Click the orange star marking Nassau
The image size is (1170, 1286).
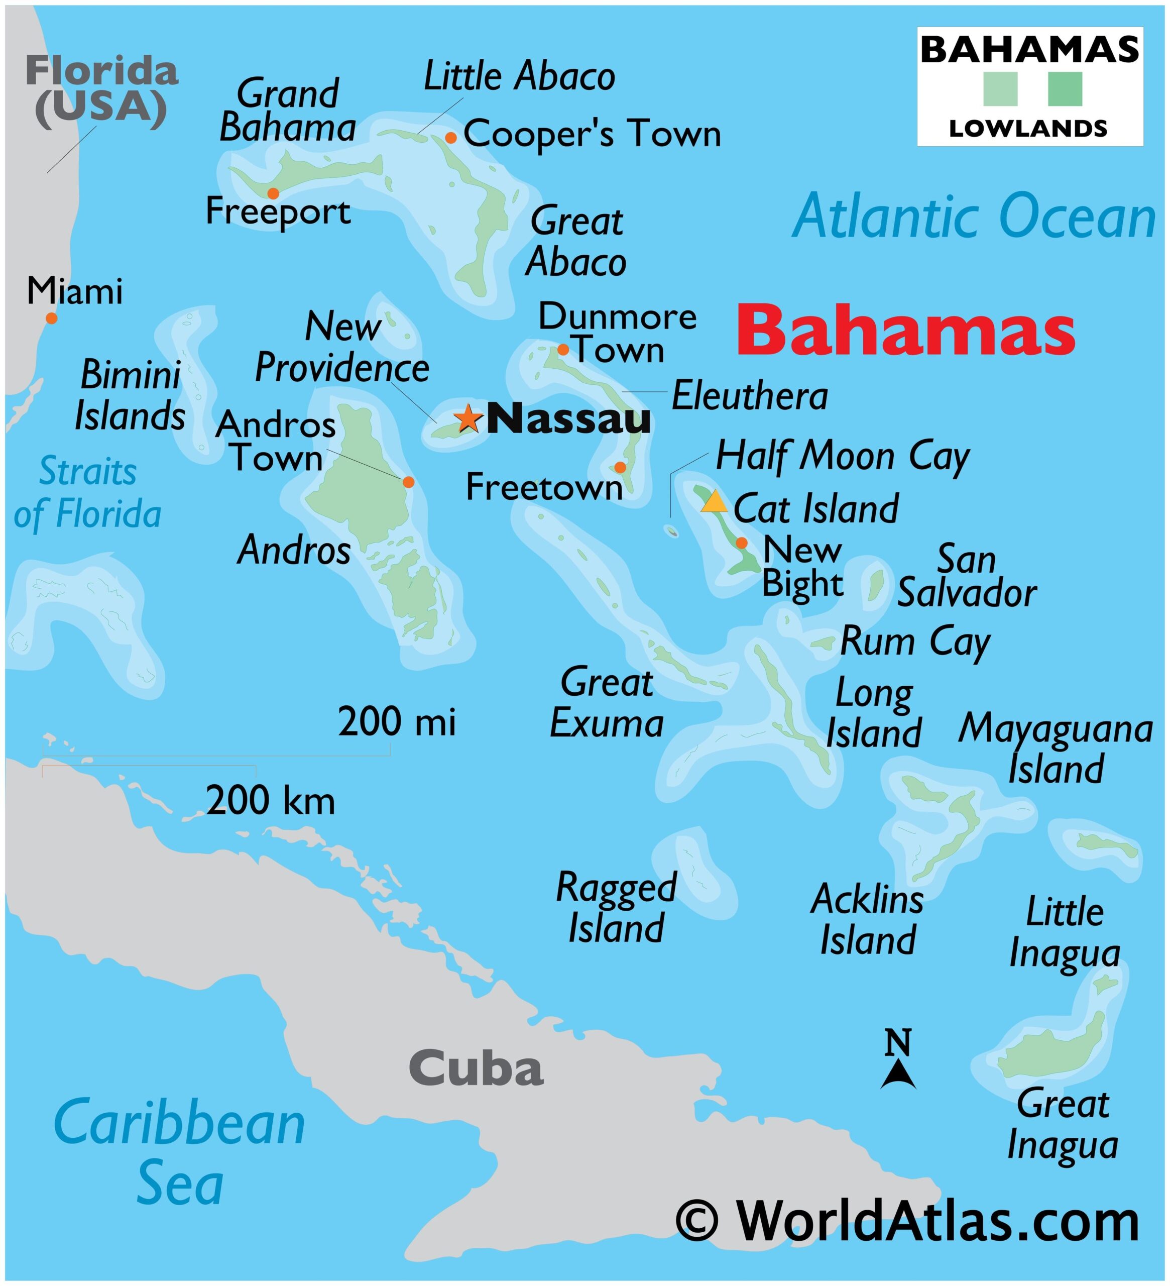click(468, 418)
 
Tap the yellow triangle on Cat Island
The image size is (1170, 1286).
click(714, 503)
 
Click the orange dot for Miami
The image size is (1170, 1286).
click(52, 317)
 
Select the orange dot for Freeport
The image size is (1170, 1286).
click(273, 193)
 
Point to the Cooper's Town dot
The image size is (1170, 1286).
click(451, 138)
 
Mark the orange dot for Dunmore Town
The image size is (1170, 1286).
click(563, 349)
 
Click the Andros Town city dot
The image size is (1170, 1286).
click(408, 482)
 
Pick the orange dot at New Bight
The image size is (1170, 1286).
click(742, 543)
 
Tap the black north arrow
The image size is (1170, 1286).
click(898, 1075)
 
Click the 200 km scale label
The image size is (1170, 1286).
click(270, 801)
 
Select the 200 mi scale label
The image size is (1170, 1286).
click(397, 722)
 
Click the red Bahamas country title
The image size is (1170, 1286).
click(905, 331)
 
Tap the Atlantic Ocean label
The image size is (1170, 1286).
click(974, 218)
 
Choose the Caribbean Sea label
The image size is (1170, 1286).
click(180, 1155)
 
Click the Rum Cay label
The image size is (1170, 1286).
click(915, 641)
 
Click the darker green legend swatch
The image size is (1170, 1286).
click(1065, 89)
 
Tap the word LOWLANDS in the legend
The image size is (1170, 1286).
click(1028, 129)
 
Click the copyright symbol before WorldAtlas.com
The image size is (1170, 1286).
click(697, 1222)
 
